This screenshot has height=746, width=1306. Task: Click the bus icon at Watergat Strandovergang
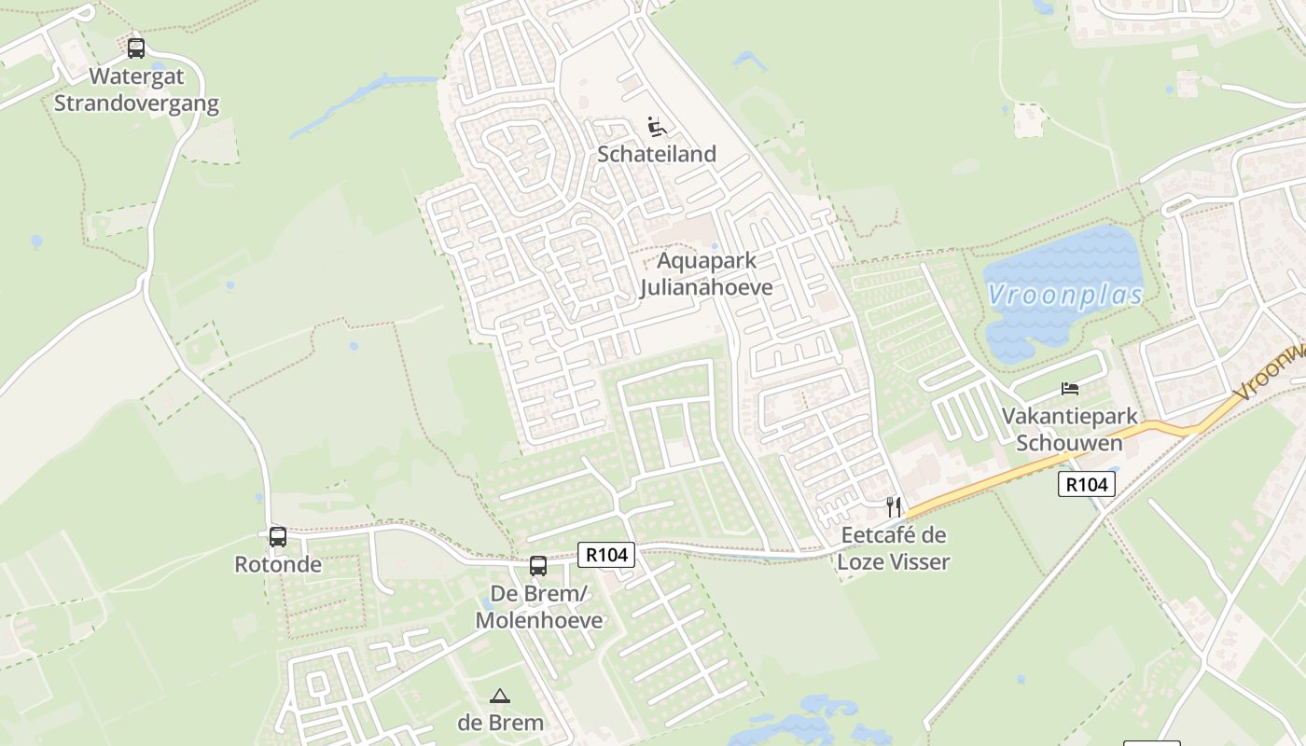tap(136, 48)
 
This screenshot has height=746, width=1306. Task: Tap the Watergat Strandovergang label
tap(136, 90)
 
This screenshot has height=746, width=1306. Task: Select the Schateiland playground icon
tap(657, 126)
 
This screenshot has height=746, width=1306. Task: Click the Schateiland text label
tap(657, 154)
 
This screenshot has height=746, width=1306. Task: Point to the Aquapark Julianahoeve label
tap(706, 273)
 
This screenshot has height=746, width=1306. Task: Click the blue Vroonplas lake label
tap(1065, 296)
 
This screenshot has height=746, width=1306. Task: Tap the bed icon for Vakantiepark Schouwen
tap(1069, 388)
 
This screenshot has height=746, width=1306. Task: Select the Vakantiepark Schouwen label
tap(1069, 429)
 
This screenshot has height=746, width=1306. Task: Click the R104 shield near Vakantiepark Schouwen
tap(1087, 484)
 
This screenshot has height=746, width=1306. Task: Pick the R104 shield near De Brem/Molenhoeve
tap(606, 555)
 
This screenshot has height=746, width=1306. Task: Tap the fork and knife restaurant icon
tap(894, 506)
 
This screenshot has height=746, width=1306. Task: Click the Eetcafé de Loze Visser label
tap(893, 548)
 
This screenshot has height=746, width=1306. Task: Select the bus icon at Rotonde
tap(278, 536)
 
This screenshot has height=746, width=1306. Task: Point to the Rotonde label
tap(278, 564)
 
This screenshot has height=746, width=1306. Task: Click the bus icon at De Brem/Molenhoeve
tap(538, 565)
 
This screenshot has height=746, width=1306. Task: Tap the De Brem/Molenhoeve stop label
tap(539, 607)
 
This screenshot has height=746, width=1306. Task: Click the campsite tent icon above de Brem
tap(500, 696)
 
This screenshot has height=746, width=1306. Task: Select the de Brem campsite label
tap(500, 723)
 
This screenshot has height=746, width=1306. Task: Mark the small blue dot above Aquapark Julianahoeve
tap(715, 246)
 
